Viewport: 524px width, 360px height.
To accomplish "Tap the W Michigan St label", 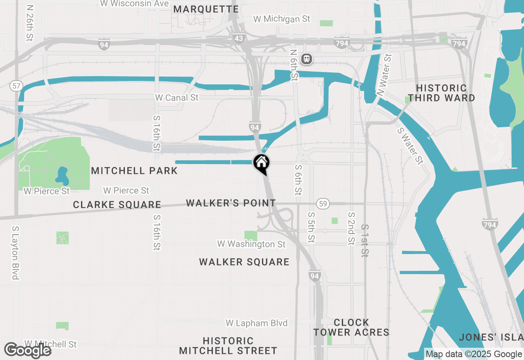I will pyautogui.click(x=282, y=19).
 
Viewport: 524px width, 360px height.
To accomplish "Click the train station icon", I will pyautogui.click(x=307, y=59).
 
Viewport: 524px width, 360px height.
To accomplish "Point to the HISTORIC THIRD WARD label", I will pyautogui.click(x=441, y=93).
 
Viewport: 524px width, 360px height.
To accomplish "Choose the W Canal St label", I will pyautogui.click(x=176, y=98).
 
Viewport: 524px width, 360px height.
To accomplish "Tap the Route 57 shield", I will pyautogui.click(x=16, y=86).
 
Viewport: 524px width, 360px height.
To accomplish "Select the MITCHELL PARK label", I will pyautogui.click(x=134, y=171).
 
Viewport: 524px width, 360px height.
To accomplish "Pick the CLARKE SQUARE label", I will pyautogui.click(x=117, y=205).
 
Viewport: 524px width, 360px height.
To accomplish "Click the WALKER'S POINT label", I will pyautogui.click(x=231, y=203).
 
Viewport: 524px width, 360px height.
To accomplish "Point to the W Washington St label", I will pyautogui.click(x=251, y=244).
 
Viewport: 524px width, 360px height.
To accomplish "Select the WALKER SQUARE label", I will pyautogui.click(x=244, y=262).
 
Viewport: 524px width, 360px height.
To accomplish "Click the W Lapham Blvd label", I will pyautogui.click(x=257, y=323).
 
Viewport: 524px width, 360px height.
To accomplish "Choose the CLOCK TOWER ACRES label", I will pyautogui.click(x=351, y=327).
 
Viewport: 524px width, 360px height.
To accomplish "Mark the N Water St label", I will pyautogui.click(x=384, y=75).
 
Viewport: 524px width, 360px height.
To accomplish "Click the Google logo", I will pyautogui.click(x=28, y=350).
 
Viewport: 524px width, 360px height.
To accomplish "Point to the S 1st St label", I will pyautogui.click(x=364, y=241).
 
